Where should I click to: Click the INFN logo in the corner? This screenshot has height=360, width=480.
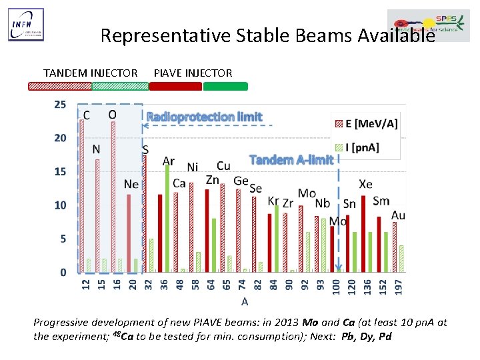tap(26, 25)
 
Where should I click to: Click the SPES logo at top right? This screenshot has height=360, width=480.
tap(428, 25)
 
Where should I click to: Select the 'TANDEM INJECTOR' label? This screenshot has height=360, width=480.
tap(90, 73)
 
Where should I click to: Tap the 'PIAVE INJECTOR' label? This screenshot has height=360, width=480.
tap(193, 73)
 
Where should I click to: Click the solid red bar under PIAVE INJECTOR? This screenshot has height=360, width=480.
tap(175, 86)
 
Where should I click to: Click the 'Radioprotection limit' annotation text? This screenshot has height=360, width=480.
tap(204, 117)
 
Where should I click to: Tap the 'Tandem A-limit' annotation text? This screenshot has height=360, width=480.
tap(291, 160)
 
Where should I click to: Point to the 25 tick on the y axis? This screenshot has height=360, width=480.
tap(60, 105)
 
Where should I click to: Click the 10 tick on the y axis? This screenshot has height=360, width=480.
tap(60, 205)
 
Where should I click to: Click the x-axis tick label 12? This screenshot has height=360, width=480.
tap(85, 285)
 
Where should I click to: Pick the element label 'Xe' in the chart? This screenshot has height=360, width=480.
tap(365, 184)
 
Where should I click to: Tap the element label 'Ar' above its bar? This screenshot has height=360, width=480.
tap(169, 161)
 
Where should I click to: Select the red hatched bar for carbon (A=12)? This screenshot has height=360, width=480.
tap(82, 196)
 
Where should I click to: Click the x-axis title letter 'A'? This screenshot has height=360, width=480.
tap(245, 302)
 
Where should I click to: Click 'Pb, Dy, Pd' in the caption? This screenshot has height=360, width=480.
tap(366, 336)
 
